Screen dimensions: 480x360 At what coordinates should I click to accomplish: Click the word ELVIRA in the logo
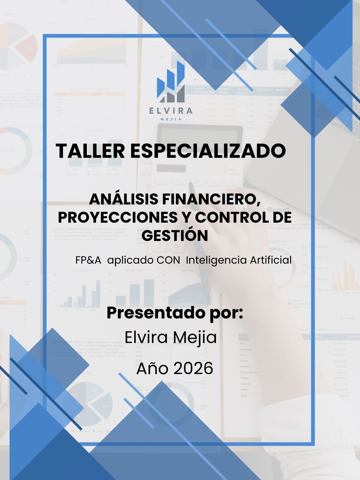[171, 111]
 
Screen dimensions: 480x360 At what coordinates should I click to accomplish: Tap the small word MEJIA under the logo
[171, 119]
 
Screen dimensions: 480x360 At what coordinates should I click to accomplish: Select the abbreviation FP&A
[88, 260]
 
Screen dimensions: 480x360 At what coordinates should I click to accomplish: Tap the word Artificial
[271, 260]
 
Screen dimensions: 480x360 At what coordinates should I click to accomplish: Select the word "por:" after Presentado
[226, 313]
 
